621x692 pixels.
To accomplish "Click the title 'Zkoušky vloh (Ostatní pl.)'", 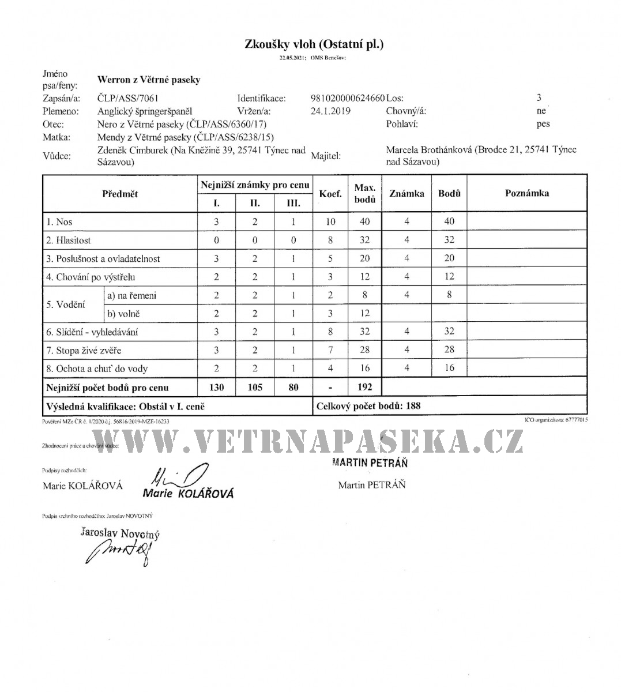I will click(314, 44).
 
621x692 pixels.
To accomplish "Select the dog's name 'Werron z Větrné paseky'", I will click(149, 80).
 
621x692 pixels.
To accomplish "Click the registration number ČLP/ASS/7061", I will click(128, 98).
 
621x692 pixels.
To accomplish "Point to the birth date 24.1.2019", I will click(330, 111).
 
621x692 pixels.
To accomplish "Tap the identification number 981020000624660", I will click(348, 98).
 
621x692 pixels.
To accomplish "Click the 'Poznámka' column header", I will click(526, 193).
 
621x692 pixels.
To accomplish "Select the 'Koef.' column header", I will click(330, 194).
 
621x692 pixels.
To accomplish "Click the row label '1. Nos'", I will click(59, 221).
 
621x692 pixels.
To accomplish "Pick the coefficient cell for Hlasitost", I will click(330, 240).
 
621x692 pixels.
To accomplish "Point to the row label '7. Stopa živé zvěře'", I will click(84, 350).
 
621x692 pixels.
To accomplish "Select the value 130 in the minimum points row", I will click(216, 388).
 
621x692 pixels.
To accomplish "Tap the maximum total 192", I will click(364, 388).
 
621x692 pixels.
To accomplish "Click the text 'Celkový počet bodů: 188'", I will click(368, 405).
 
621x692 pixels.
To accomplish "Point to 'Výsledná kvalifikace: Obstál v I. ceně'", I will click(125, 406).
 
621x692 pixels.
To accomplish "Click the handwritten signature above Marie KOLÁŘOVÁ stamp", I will click(176, 475).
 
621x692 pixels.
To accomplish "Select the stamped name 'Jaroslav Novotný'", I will click(120, 533).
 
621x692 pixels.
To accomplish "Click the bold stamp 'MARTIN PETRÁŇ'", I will click(370, 463).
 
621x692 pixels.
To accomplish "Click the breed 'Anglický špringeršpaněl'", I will click(145, 111).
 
